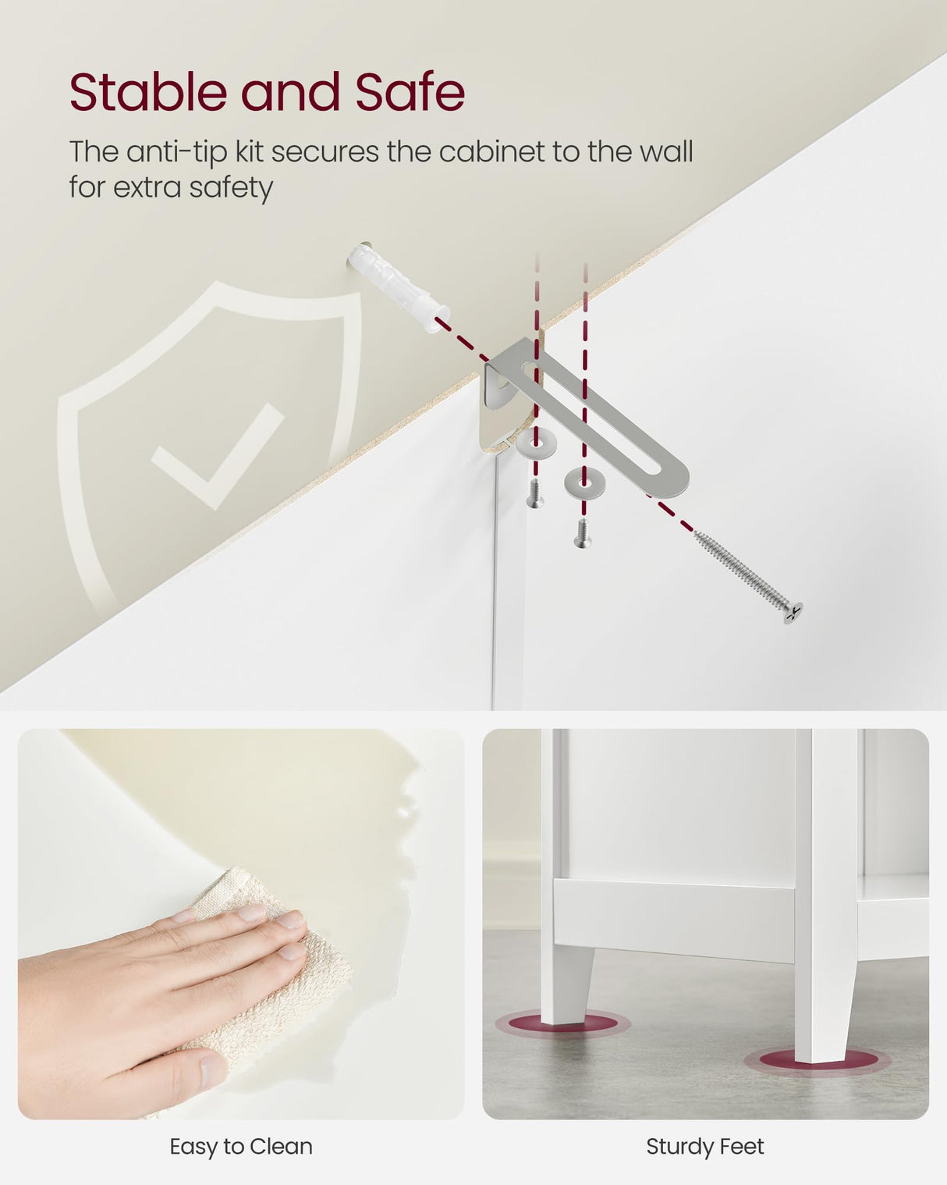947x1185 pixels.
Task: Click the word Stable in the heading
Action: click(x=148, y=91)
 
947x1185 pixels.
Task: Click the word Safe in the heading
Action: click(x=410, y=91)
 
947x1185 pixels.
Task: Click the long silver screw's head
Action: click(x=792, y=613)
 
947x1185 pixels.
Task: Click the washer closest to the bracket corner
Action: click(x=536, y=442)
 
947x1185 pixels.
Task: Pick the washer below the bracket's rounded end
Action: click(x=584, y=482)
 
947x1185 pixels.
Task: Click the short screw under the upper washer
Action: click(x=534, y=493)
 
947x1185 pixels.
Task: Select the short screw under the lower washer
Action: click(x=582, y=534)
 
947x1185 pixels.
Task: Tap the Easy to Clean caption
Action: click(x=241, y=1147)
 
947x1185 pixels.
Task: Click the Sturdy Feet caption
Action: click(x=705, y=1147)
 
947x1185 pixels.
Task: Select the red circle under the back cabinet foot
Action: click(x=562, y=1024)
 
